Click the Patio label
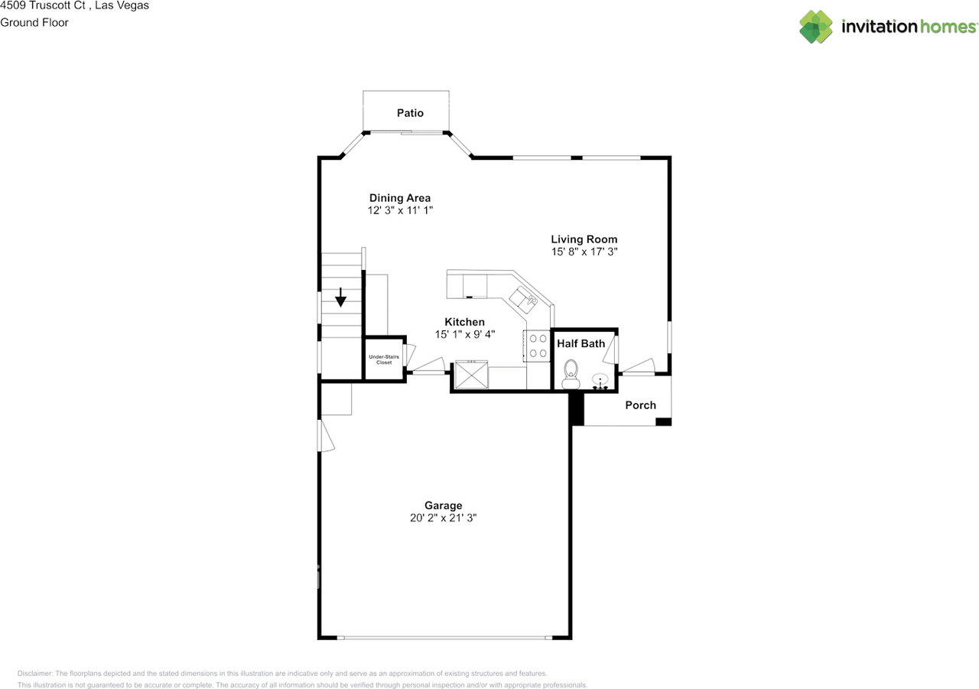tap(410, 113)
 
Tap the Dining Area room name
tap(400, 198)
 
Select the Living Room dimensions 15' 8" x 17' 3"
tap(584, 251)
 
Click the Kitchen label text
tap(464, 322)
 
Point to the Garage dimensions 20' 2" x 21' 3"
tap(444, 518)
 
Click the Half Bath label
tap(581, 343)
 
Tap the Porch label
tap(640, 405)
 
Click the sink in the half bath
tap(600, 380)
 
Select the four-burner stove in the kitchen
tap(537, 345)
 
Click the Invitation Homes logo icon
tap(816, 27)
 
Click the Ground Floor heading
tap(34, 22)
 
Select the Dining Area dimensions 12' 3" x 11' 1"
tap(400, 210)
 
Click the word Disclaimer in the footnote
tap(36, 674)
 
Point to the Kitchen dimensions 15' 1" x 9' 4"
tap(464, 334)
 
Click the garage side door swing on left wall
tap(327, 436)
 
